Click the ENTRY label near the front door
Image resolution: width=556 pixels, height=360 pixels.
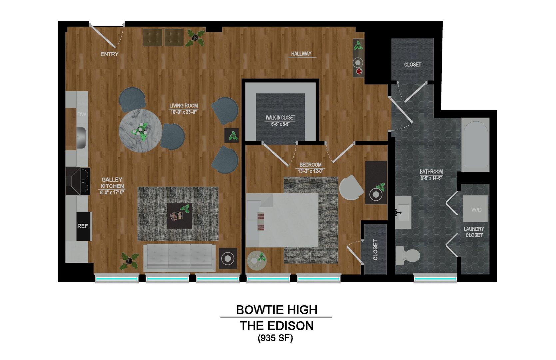click(109, 54)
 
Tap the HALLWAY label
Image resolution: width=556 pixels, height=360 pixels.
click(301, 53)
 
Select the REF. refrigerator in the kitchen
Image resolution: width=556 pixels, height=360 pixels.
click(83, 226)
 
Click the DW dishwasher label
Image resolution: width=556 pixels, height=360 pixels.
click(82, 114)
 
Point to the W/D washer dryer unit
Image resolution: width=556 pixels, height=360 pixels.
click(476, 209)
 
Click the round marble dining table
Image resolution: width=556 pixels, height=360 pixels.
click(139, 131)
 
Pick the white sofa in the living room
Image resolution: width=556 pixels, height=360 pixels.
click(179, 257)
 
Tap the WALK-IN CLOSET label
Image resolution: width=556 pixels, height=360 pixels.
click(280, 117)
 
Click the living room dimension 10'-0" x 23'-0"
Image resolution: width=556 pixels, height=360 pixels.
click(184, 112)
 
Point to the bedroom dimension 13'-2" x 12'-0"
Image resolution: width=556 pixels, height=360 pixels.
click(310, 171)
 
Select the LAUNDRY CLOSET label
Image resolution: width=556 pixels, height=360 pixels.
click(474, 232)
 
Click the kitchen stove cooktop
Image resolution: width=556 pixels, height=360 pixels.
click(78, 181)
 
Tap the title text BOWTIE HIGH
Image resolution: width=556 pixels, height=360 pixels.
click(277, 310)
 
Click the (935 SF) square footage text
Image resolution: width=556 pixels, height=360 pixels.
click(275, 338)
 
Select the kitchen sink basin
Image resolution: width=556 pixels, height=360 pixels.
click(80, 137)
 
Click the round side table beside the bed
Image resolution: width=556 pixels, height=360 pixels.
click(257, 260)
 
